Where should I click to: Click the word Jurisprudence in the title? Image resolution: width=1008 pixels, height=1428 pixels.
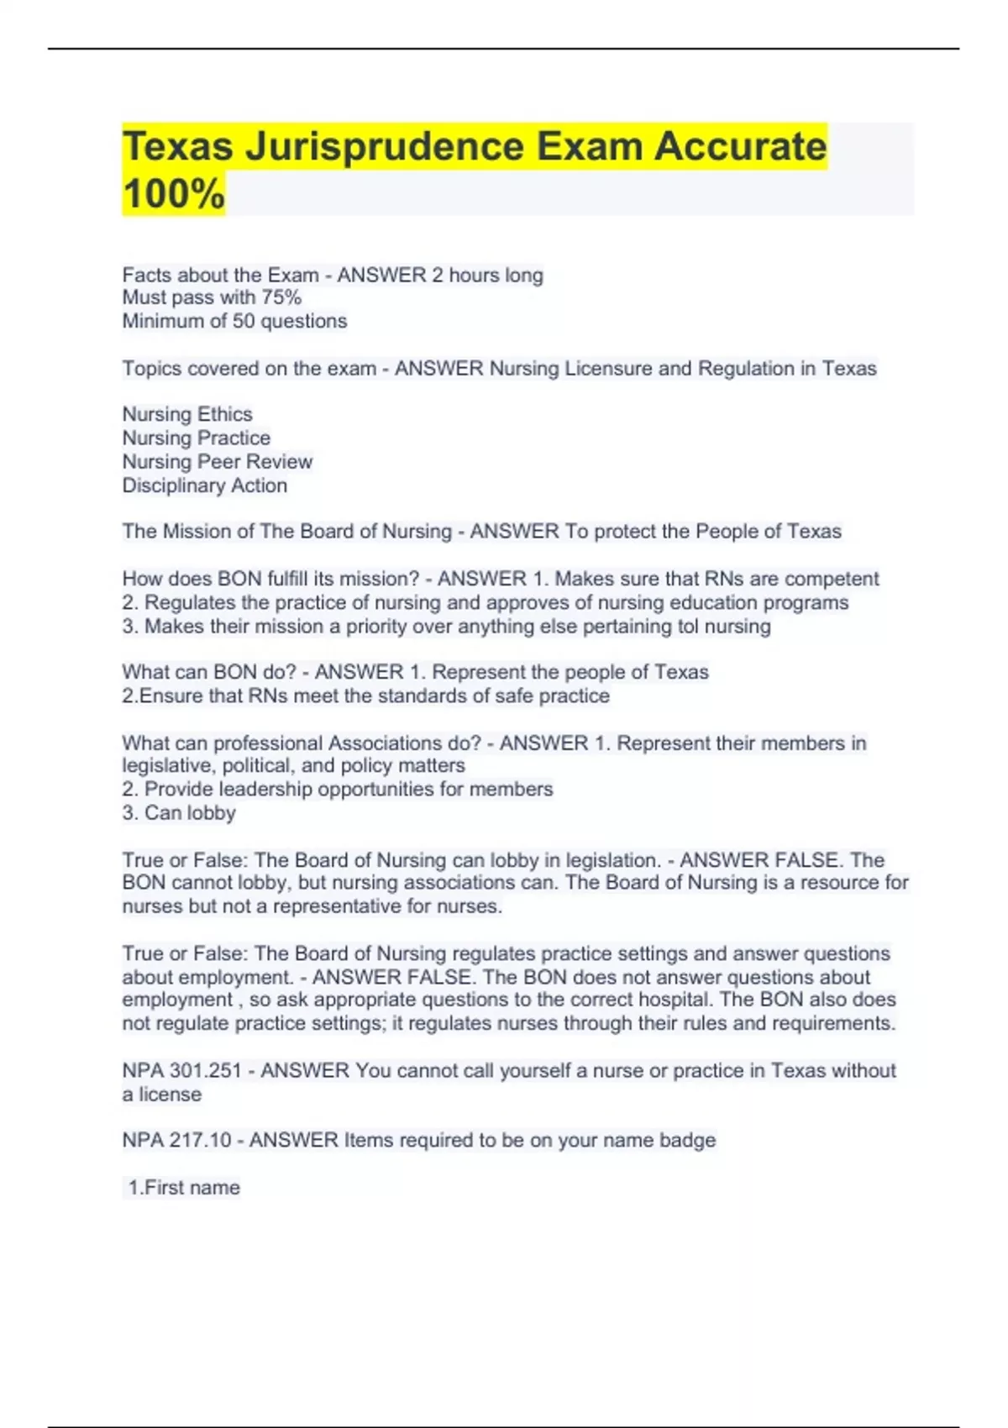[x=384, y=146]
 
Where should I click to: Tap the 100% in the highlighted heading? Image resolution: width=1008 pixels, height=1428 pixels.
[x=174, y=193]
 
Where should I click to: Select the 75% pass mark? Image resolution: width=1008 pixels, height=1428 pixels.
[x=281, y=297]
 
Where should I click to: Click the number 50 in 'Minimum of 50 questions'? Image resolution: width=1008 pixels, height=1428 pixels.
[x=244, y=321]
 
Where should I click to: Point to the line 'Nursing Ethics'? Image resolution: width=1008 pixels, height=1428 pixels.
[x=187, y=414]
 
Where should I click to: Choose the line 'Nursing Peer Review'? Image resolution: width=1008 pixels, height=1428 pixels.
[x=217, y=461]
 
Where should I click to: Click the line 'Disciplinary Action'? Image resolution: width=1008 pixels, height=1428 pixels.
[x=204, y=486]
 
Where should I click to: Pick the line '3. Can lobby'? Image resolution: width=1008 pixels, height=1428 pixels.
[x=179, y=813]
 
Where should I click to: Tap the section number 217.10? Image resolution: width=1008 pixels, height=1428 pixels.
[x=201, y=1141]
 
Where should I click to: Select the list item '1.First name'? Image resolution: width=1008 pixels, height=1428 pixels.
[x=184, y=1188]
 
